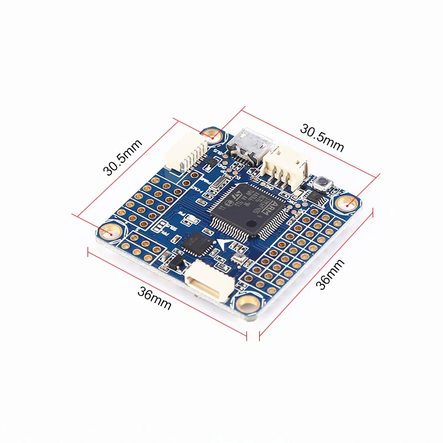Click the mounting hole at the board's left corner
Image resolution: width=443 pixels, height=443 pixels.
111,231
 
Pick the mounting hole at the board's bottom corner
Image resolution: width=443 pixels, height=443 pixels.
247,303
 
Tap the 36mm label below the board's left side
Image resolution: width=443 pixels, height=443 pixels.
154,299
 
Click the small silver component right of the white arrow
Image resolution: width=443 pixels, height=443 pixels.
239,258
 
